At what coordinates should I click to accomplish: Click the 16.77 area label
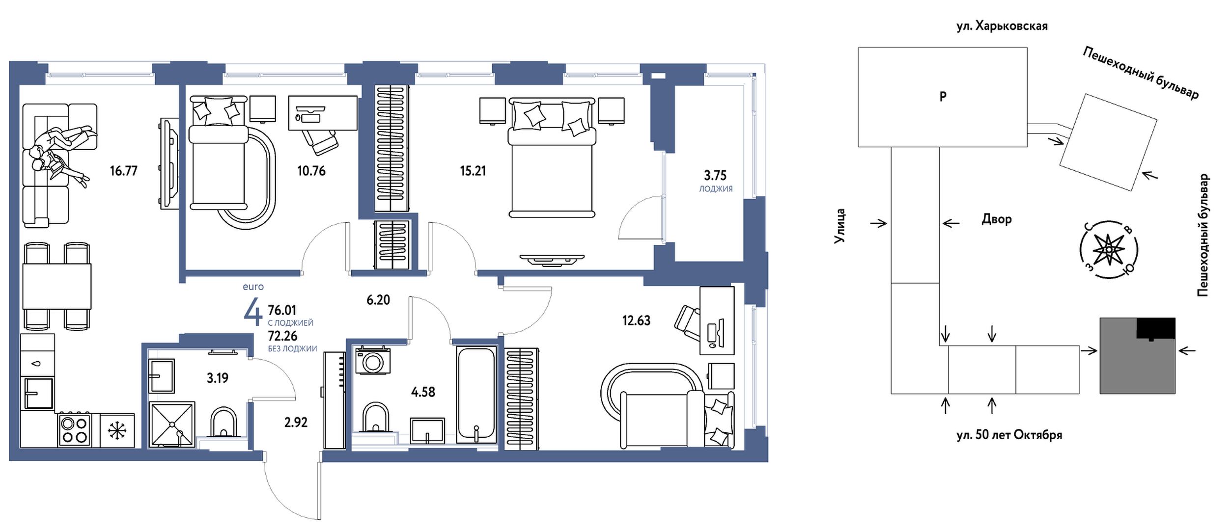pos(124,171)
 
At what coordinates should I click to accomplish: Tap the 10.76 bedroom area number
pos(311,171)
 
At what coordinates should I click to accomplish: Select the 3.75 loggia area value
pos(715,175)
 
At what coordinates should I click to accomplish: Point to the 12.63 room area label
pos(636,320)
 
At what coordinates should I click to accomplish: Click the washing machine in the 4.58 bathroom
pos(373,361)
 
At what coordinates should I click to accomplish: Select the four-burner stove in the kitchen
pos(74,430)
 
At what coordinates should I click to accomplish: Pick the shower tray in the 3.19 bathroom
pos(171,424)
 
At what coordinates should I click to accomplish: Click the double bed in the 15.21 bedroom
pos(552,157)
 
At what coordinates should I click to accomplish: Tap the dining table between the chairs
pos(57,287)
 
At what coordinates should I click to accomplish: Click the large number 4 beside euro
pos(253,312)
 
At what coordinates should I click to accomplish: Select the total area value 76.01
pos(282,310)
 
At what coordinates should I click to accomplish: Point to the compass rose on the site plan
pos(1109,250)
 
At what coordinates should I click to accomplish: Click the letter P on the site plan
pos(943,96)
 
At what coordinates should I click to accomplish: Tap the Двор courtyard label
pos(997,219)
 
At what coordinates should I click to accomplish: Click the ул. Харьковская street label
pos(1002,26)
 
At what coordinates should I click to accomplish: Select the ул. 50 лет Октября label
pos(1009,435)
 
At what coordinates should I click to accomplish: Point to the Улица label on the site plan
pos(839,226)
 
